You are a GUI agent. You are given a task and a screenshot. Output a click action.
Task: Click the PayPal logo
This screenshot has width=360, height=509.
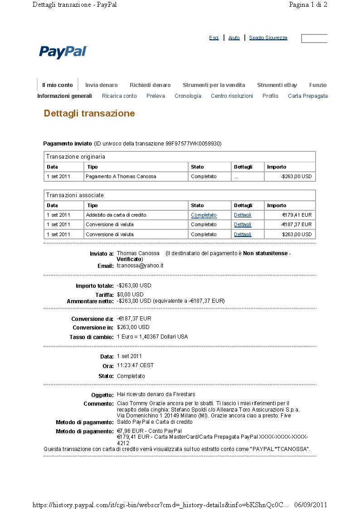(63, 52)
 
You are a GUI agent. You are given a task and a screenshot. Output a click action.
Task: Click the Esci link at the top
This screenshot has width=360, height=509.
(214, 38)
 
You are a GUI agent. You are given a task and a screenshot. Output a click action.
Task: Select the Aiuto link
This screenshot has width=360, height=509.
(234, 38)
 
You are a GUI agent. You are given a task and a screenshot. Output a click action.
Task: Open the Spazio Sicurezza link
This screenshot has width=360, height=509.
(268, 38)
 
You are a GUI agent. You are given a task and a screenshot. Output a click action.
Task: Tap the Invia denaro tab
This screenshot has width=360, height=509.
(101, 85)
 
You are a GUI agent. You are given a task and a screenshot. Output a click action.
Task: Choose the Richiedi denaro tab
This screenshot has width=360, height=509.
(150, 85)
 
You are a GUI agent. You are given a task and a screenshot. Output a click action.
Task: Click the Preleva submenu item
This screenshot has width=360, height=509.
(156, 96)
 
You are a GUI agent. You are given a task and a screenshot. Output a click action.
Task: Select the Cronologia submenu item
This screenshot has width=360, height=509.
(188, 96)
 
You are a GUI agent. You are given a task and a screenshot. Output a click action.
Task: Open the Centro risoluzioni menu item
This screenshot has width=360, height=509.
(232, 96)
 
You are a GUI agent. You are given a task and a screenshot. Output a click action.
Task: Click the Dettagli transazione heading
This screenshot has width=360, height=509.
(89, 113)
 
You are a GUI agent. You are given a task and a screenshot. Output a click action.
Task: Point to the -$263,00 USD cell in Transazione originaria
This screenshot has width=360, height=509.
(297, 176)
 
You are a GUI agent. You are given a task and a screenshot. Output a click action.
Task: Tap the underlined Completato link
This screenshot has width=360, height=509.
(204, 215)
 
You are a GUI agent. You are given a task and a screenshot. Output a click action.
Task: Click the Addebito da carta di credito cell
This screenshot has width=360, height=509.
(116, 215)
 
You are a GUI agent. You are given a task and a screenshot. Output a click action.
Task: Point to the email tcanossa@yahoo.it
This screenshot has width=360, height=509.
(140, 266)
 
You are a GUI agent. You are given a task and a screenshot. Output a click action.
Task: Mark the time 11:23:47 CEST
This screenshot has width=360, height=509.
(135, 365)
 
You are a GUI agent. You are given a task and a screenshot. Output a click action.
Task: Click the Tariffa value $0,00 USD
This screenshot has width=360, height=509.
(130, 295)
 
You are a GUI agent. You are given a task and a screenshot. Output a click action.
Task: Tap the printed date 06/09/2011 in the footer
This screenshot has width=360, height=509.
(311, 505)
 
